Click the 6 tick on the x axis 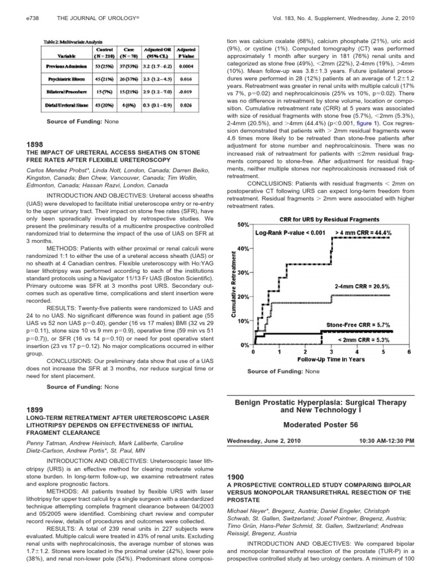tap(408, 352)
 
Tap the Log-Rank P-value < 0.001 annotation tap(290, 233)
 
